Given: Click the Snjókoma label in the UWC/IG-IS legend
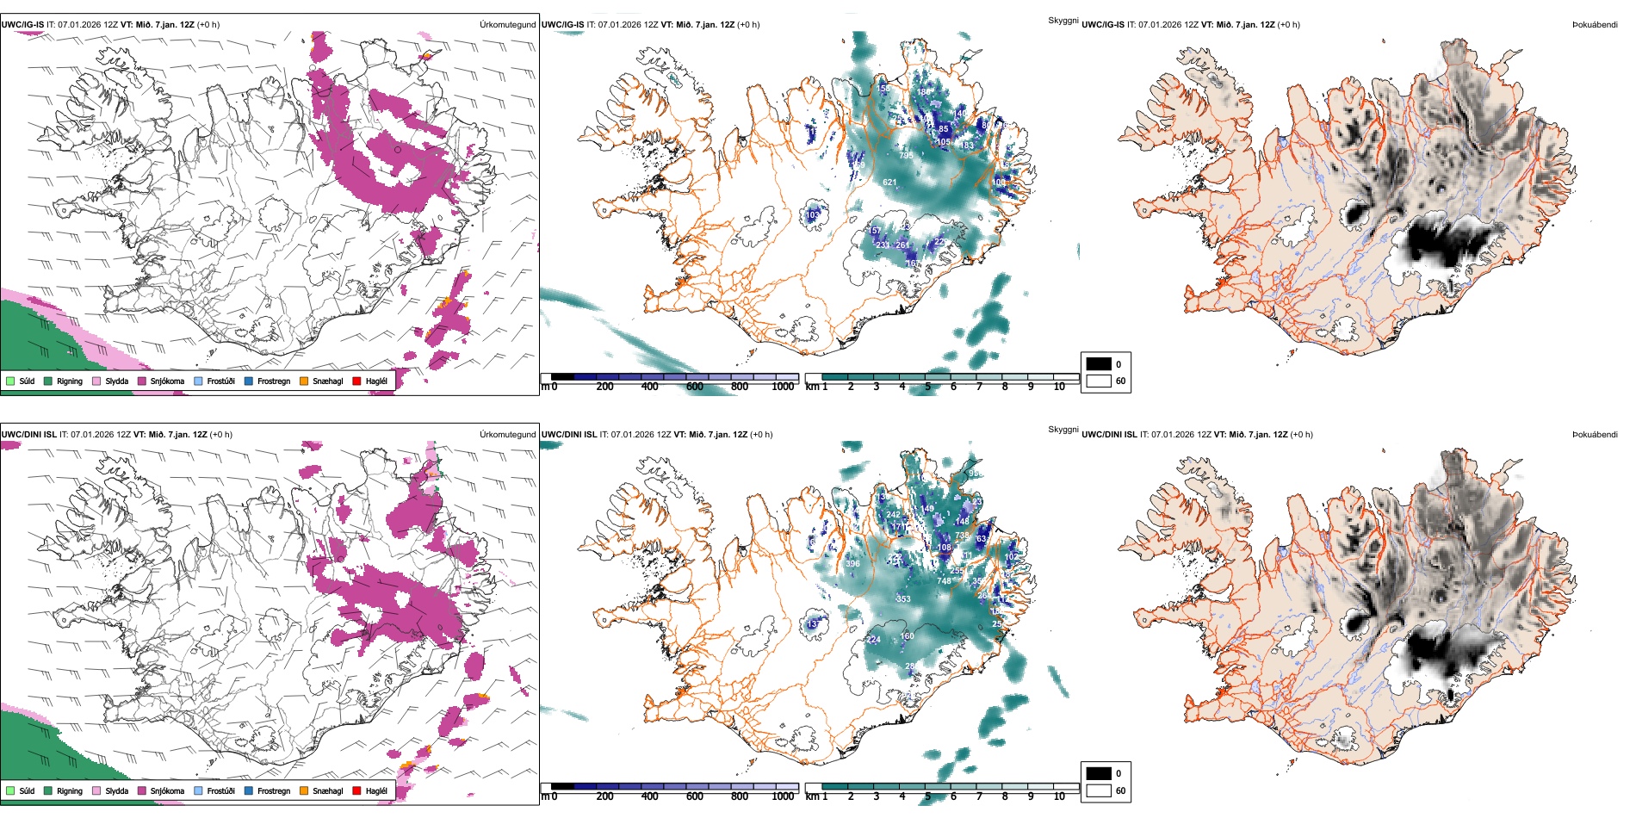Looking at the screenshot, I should [167, 381].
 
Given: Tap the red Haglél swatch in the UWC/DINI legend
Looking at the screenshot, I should [356, 790].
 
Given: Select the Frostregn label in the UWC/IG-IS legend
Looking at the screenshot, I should [274, 381].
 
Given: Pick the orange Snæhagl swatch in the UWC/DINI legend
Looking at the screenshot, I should [304, 790].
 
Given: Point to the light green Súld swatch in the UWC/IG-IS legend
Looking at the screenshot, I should [10, 381].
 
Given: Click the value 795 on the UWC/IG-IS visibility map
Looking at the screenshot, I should [906, 156].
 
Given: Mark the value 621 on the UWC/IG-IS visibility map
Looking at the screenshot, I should [889, 183].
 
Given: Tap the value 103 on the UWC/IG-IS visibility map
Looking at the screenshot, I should [813, 215].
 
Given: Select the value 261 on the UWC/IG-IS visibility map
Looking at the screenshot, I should [902, 245].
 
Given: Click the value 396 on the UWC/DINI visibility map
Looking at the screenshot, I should [852, 564].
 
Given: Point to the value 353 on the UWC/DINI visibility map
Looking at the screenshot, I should [902, 599].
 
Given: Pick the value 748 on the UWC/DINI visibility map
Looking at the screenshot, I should [944, 581].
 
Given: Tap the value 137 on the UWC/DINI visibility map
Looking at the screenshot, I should [813, 624].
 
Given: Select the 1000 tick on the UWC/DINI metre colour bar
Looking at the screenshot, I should [783, 796].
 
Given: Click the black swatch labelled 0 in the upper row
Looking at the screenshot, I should [1099, 364].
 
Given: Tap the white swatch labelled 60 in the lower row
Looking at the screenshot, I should [1099, 790].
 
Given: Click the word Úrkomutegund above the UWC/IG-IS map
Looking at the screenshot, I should [507, 25].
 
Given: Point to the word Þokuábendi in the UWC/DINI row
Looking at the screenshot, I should [1595, 435].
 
